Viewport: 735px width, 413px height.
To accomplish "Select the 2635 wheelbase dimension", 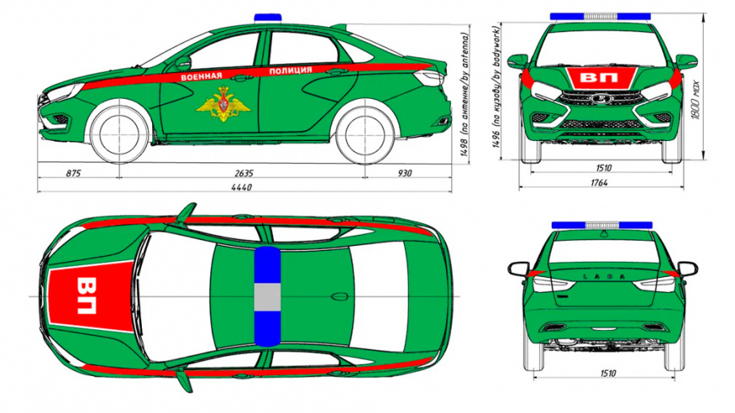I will [x=245, y=173].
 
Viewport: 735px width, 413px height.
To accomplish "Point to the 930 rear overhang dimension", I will [x=406, y=173].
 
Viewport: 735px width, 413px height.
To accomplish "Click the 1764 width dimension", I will [x=602, y=182].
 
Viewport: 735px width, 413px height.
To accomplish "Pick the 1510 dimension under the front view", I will [x=602, y=168].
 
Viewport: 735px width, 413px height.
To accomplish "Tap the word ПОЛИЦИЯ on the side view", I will [x=291, y=71].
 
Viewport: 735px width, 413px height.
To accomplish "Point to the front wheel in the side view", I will [x=117, y=133].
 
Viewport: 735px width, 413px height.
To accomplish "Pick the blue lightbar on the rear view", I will [x=602, y=226].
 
